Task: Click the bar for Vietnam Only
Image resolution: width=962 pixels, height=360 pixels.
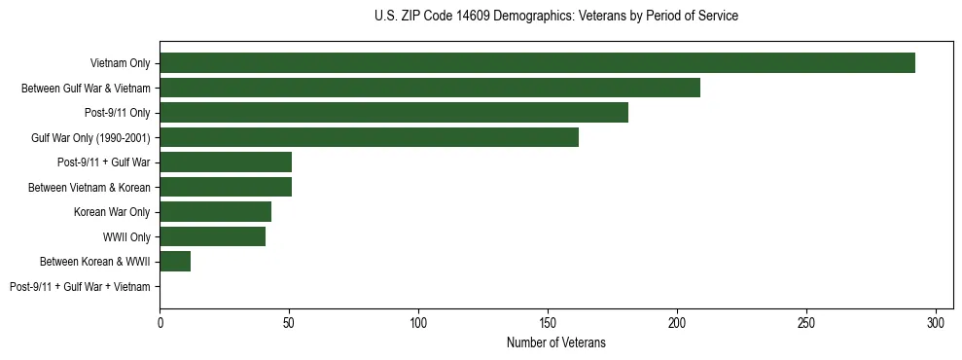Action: tap(537, 63)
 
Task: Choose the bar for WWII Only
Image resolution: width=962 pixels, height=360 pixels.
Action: tap(212, 236)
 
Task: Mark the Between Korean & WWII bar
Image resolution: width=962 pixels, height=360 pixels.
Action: tap(175, 262)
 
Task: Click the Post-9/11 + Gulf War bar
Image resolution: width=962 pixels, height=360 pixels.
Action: tap(226, 162)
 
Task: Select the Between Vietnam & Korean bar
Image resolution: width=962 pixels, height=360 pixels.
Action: tap(226, 187)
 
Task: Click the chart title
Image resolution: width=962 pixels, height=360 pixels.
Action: tap(555, 17)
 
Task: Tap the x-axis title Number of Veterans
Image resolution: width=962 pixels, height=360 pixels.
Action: tap(555, 342)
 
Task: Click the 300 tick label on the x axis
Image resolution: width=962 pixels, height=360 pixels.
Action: tap(936, 322)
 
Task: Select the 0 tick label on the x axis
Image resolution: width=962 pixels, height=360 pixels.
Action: tap(160, 322)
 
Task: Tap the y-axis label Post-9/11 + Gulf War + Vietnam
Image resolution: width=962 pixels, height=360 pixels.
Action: tap(80, 287)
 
